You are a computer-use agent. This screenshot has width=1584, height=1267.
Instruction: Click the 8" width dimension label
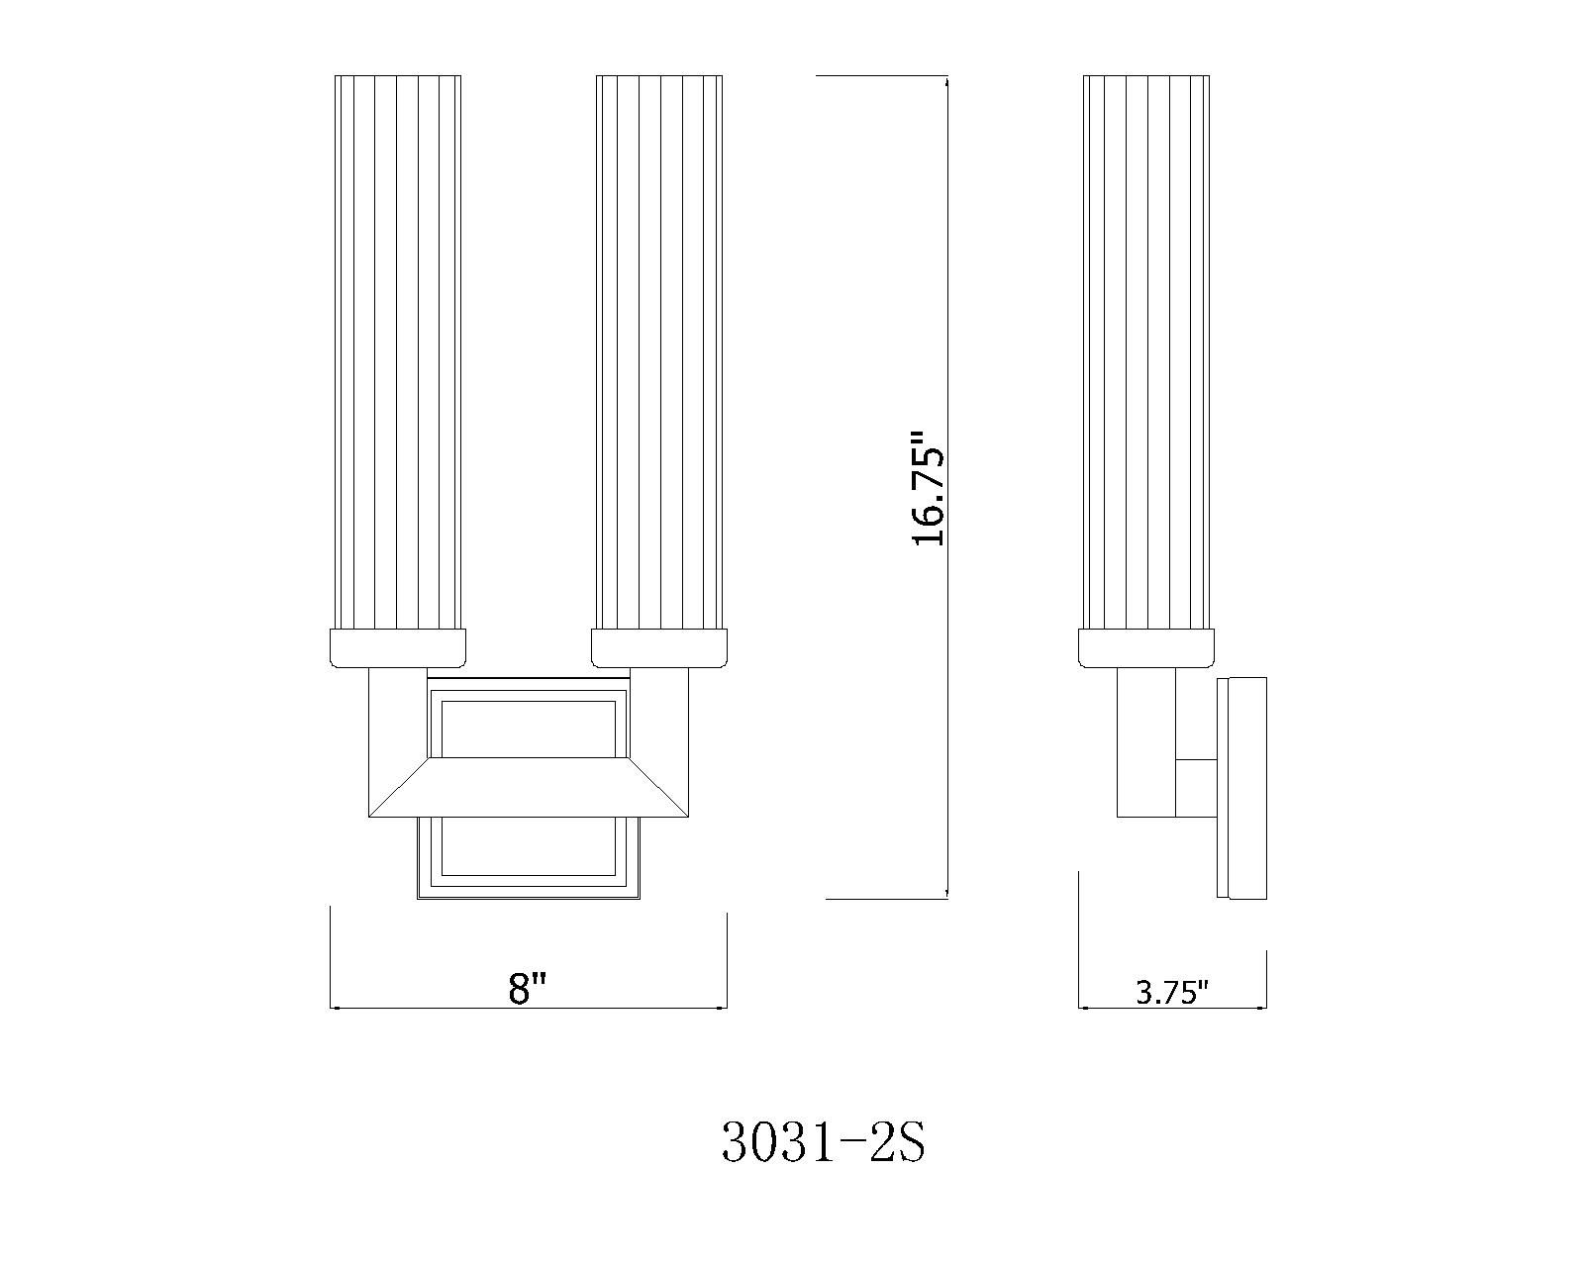(x=528, y=988)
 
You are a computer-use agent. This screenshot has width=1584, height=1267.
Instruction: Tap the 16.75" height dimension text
(x=930, y=487)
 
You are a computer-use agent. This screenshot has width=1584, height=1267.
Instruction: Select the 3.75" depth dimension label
(x=1172, y=993)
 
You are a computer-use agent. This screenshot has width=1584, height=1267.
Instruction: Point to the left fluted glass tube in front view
(x=398, y=351)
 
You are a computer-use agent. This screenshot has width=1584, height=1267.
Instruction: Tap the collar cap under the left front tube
(x=397, y=648)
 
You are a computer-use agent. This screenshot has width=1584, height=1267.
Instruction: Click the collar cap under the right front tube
(x=659, y=648)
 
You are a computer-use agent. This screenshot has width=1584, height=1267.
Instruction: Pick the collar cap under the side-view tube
(x=1146, y=648)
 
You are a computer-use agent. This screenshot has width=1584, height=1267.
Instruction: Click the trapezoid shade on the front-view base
(x=528, y=788)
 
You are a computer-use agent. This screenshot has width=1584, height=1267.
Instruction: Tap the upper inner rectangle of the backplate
(x=528, y=729)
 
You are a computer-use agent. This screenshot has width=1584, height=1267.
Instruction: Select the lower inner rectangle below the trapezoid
(x=528, y=847)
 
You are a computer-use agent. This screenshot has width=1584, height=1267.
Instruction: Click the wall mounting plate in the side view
(x=1245, y=788)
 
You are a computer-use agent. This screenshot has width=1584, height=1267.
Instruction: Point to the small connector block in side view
(x=1196, y=788)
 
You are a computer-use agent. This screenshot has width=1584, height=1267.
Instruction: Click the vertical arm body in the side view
(x=1146, y=742)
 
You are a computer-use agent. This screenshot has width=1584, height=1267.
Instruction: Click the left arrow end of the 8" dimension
(x=333, y=1009)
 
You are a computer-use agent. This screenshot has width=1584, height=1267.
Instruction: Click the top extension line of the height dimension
(x=881, y=76)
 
